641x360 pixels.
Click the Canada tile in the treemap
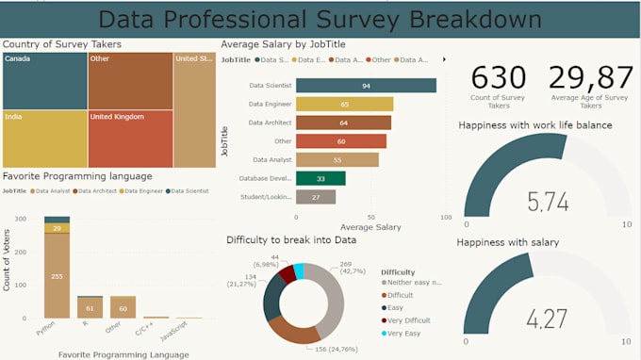pos(43,80)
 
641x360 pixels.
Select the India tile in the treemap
pos(43,139)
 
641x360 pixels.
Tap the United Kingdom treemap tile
pos(130,139)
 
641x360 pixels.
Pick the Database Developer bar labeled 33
pos(320,178)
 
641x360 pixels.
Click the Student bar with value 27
pos(315,197)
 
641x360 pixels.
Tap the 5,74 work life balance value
pos(548,201)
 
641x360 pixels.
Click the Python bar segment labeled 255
pos(57,276)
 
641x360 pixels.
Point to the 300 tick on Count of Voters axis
pos(20,220)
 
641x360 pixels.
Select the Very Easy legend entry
pos(403,333)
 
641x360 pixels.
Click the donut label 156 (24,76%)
pos(340,350)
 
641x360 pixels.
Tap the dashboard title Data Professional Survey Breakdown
pos(320,19)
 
